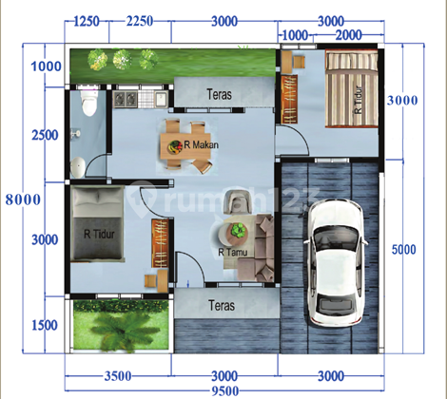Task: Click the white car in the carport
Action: click(x=336, y=263)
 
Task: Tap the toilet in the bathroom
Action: click(x=89, y=103)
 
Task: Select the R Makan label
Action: click(x=201, y=145)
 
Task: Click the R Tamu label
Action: click(x=233, y=253)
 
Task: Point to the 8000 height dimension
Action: click(x=23, y=199)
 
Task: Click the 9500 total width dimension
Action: click(x=224, y=391)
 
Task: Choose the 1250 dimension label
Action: click(x=87, y=22)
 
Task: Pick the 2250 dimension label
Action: click(x=140, y=21)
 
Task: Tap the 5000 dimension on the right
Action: click(x=403, y=249)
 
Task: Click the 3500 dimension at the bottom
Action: click(x=118, y=376)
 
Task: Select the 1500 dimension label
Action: click(x=45, y=325)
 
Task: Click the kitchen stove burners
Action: click(x=126, y=99)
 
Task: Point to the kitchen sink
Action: click(x=162, y=99)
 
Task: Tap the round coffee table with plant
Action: click(x=232, y=232)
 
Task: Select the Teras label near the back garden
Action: click(x=219, y=94)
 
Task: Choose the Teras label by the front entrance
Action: click(x=222, y=306)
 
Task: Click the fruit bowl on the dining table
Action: click(x=175, y=146)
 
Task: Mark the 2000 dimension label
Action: click(x=348, y=35)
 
